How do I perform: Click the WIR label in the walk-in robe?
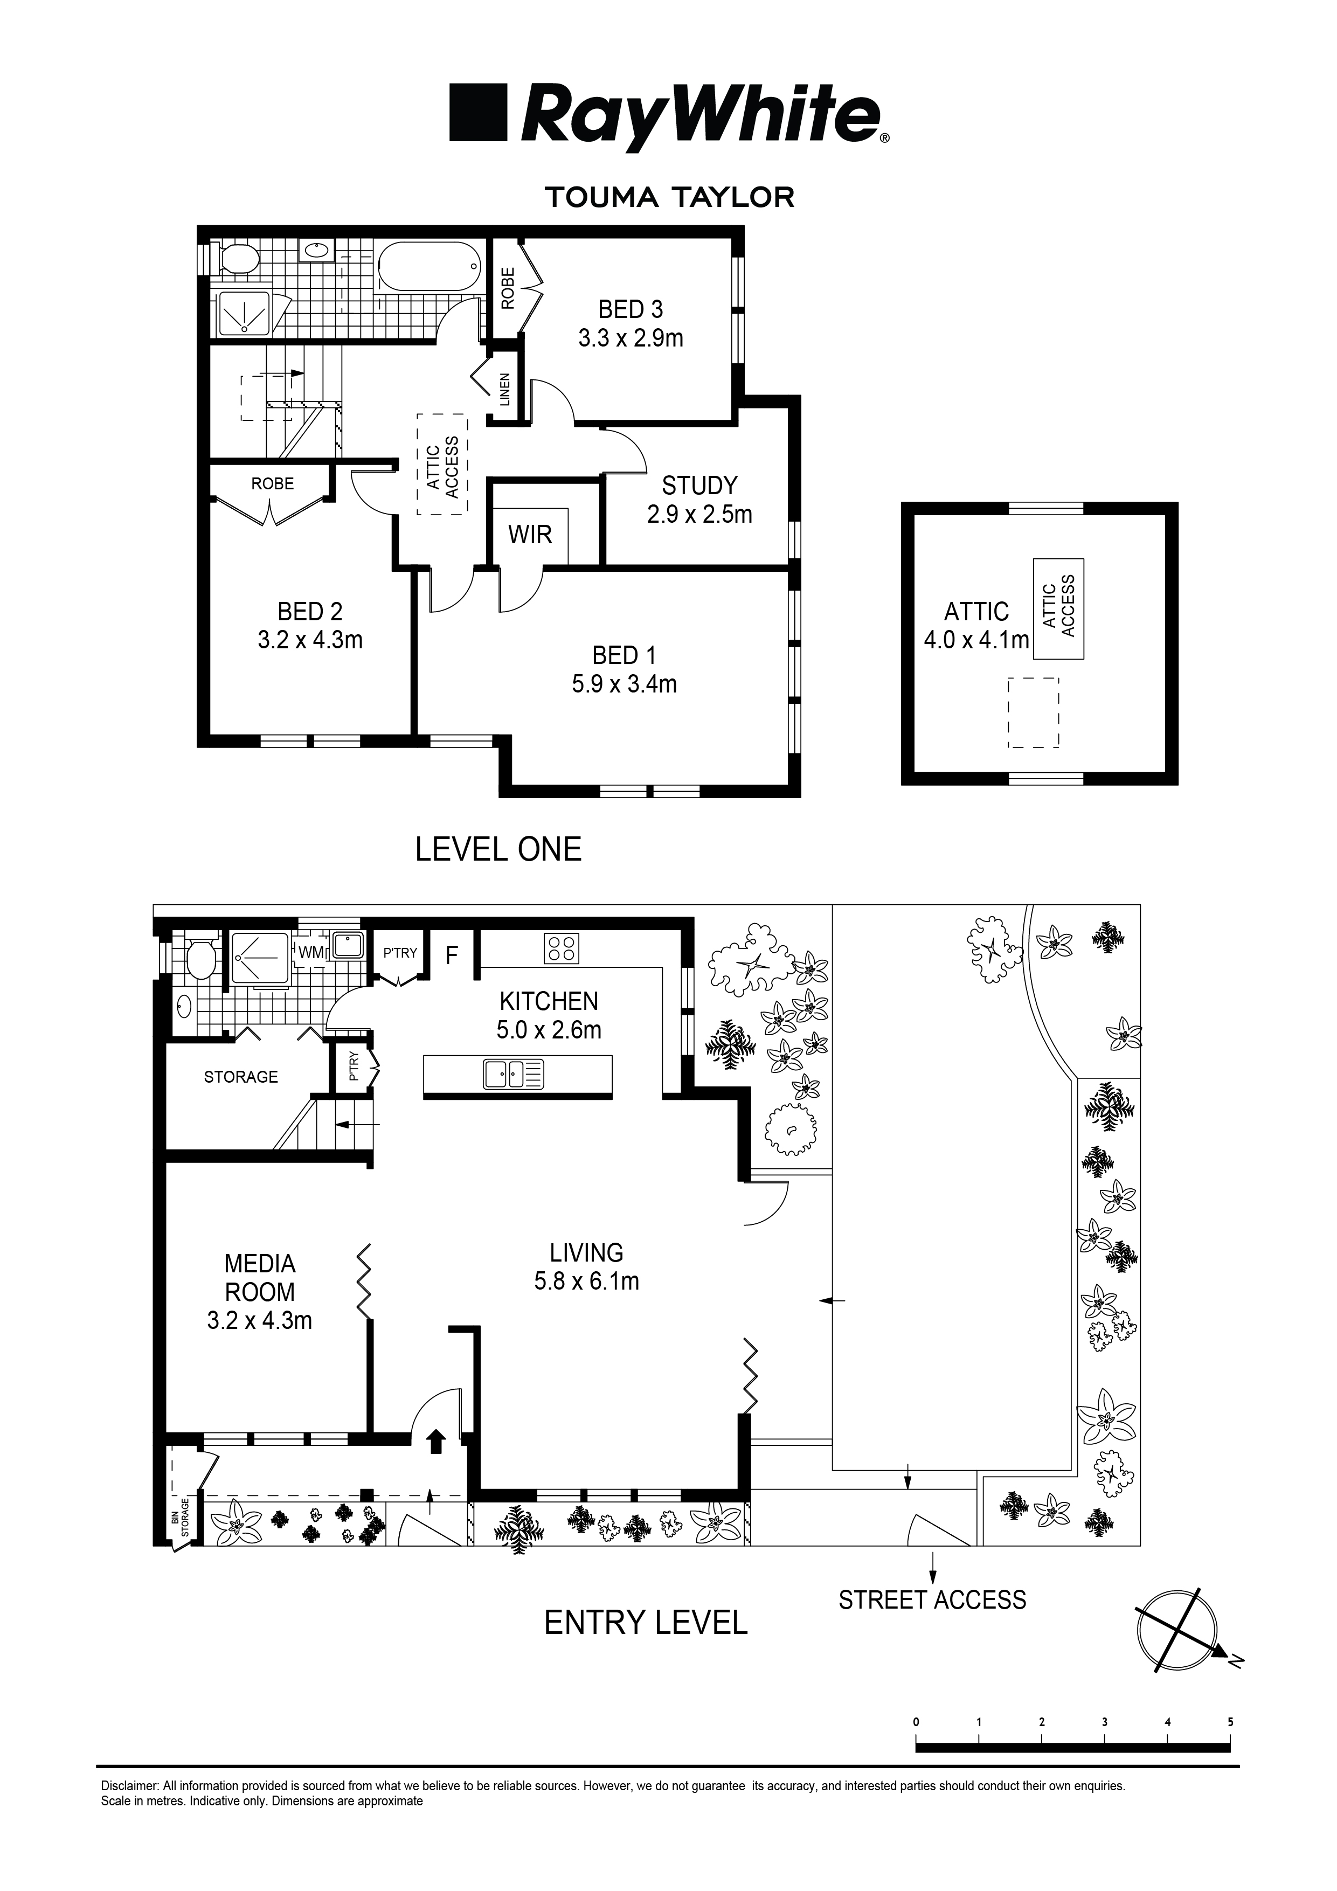pyautogui.click(x=530, y=535)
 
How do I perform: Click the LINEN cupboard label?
pyautogui.click(x=505, y=390)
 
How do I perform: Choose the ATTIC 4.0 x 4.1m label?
pyautogui.click(x=976, y=625)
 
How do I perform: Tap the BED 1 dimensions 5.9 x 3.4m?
pyautogui.click(x=625, y=683)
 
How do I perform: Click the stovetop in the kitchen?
pyautogui.click(x=562, y=948)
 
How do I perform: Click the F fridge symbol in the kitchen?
pyautogui.click(x=452, y=955)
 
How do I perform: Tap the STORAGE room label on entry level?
pyautogui.click(x=240, y=1077)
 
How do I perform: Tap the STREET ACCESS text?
pyautogui.click(x=932, y=1599)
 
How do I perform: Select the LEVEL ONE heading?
pyautogui.click(x=498, y=849)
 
